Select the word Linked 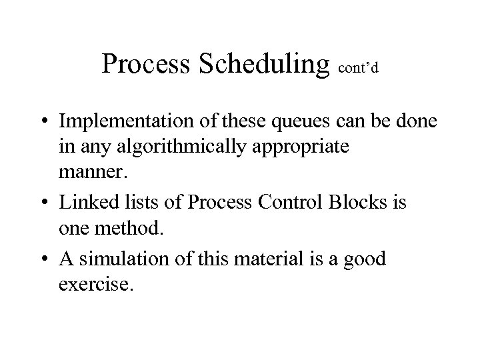(x=86, y=202)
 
